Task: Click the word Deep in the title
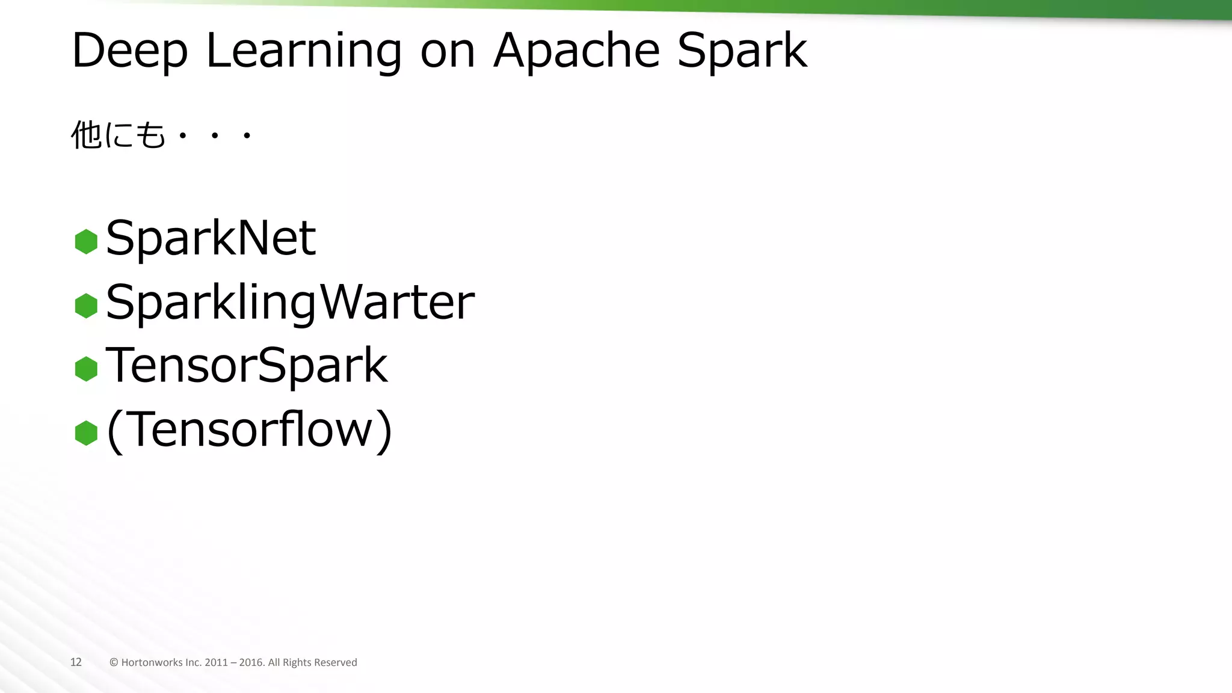[x=129, y=51]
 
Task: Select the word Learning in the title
[x=304, y=51]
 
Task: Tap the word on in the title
[x=448, y=51]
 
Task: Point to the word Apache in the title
[x=576, y=51]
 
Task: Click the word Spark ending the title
[x=742, y=51]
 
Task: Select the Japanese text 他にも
[x=118, y=135]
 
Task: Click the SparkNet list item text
[x=211, y=238]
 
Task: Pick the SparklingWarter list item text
[x=290, y=303]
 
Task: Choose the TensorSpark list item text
[x=247, y=366]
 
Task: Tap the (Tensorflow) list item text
[x=249, y=430]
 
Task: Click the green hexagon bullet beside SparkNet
[x=86, y=242]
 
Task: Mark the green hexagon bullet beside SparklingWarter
[x=86, y=306]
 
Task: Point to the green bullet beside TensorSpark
[x=86, y=369]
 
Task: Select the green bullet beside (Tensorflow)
[x=86, y=433]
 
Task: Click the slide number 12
[x=76, y=662]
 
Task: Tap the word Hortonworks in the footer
[x=152, y=662]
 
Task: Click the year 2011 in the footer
[x=216, y=662]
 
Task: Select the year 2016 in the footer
[x=251, y=662]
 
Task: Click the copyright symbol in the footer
[x=114, y=662]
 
